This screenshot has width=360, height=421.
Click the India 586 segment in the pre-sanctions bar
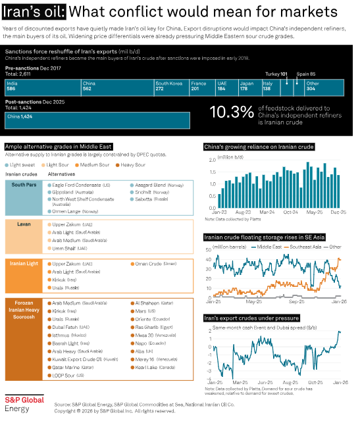(x=42, y=87)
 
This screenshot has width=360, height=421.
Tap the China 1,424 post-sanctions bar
(x=97, y=120)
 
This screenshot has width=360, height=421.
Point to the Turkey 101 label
(x=280, y=75)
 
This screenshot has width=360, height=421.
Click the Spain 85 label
(x=306, y=75)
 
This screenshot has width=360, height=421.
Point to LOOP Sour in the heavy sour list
(x=68, y=375)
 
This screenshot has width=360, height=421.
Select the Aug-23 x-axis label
(x=243, y=212)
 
